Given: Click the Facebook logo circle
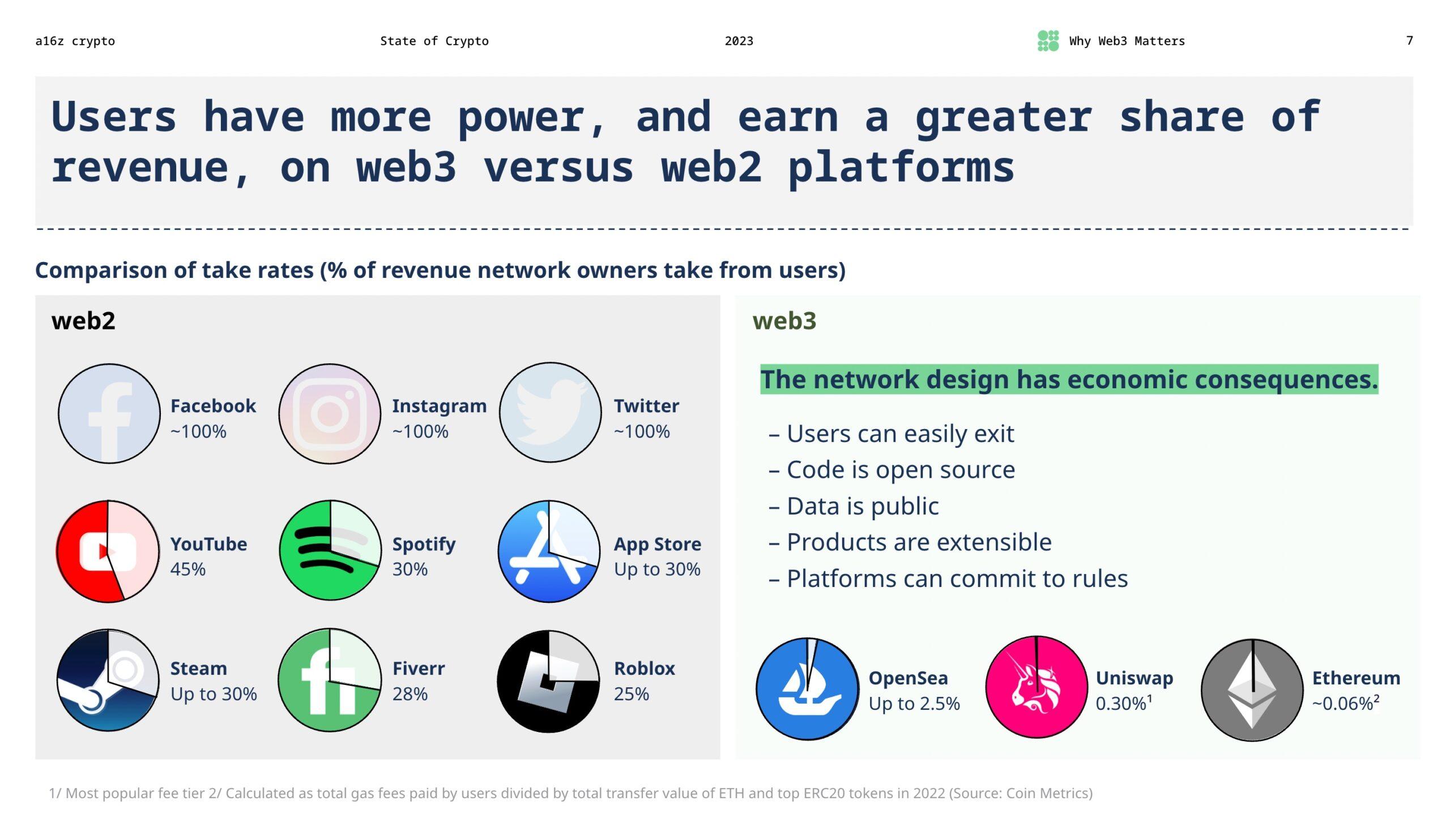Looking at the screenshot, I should click(109, 414).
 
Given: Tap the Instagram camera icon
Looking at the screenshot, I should click(330, 414).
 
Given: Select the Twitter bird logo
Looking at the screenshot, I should click(550, 413).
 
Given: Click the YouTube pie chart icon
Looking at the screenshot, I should click(108, 551).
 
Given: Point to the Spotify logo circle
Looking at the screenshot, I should click(330, 550).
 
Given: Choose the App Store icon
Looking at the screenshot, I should click(549, 551).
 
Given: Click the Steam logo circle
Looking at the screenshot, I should click(108, 680).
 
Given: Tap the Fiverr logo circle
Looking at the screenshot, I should click(330, 680).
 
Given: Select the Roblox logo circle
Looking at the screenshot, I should click(548, 681).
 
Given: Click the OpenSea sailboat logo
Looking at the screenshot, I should click(807, 689).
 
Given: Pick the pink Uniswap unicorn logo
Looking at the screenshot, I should click(1037, 687).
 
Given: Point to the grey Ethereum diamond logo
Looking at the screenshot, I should click(1252, 690).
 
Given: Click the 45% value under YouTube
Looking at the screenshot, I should click(188, 569).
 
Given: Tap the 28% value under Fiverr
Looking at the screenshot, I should click(410, 693).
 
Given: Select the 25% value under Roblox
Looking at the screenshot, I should click(632, 693).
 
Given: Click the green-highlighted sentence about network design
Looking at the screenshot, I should click(1069, 379).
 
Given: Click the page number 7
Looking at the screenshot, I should click(1409, 41).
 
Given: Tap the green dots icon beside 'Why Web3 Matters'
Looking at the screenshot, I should click(1048, 41).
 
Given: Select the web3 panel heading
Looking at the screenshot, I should click(784, 321).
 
